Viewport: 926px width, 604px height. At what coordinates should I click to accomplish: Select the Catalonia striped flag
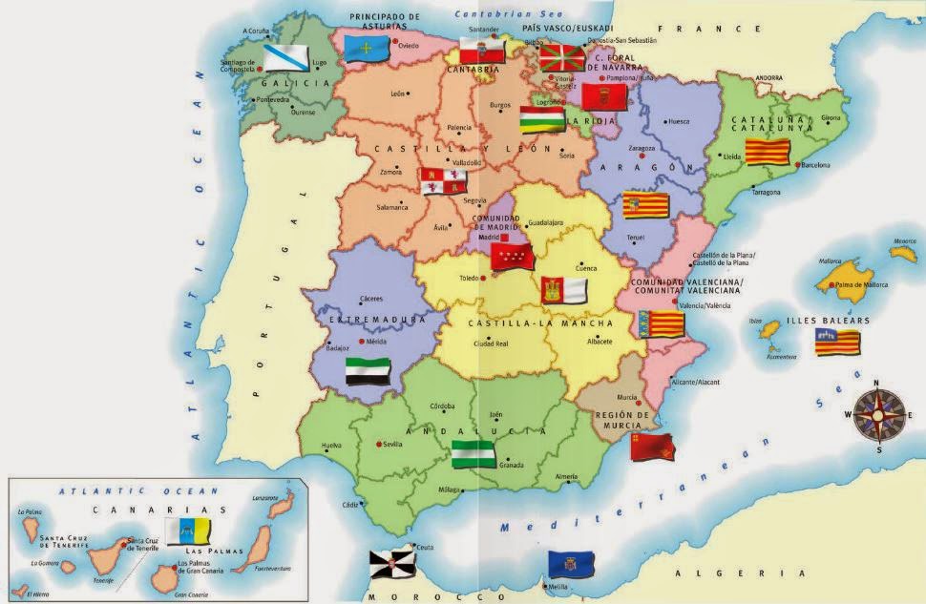click(768, 152)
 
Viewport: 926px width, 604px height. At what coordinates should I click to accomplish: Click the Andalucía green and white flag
click(474, 452)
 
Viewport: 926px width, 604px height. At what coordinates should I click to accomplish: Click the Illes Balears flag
click(836, 342)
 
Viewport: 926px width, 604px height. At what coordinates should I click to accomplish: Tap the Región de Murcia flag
click(653, 446)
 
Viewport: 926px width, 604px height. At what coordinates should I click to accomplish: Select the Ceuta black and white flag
click(392, 564)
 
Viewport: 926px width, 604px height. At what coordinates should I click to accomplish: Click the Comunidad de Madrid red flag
click(512, 256)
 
